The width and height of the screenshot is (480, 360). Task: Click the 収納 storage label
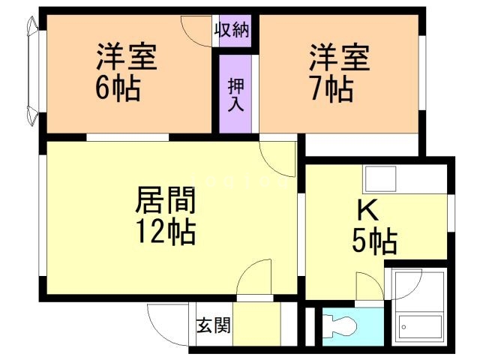(x=233, y=31)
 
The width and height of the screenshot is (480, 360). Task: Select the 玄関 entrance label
(x=213, y=327)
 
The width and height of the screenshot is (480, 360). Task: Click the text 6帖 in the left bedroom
(x=117, y=88)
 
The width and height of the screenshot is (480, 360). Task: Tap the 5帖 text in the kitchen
(x=375, y=241)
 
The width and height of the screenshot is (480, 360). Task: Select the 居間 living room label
(x=166, y=200)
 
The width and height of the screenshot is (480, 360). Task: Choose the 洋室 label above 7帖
(x=339, y=56)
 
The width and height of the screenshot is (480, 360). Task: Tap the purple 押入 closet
(x=235, y=92)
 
